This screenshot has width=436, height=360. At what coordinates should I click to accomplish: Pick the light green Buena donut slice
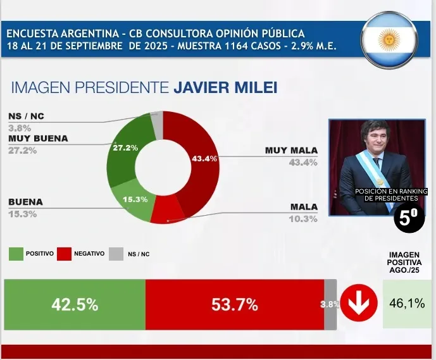pos(132,201)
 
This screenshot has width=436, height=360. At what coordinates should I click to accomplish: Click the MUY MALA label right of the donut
pos(291,150)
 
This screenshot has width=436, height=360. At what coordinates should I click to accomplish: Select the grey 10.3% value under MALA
pos(303,219)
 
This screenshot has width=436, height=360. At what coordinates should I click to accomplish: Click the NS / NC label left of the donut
pos(27,116)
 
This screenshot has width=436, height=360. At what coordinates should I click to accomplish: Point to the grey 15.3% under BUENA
pos(22,214)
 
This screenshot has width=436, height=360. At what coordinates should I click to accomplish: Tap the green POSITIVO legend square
pos(16,254)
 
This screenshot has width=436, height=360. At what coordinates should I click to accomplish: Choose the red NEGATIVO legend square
pos(64,254)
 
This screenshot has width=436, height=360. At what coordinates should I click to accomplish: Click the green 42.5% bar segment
pos(75,304)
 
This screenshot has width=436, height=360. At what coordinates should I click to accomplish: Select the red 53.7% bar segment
pos(234,304)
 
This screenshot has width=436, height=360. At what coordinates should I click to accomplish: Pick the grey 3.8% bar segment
pos(330,304)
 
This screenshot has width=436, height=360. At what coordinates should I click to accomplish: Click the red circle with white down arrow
pos(359,304)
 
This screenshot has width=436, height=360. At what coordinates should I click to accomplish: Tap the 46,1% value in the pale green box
pos(406,304)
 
